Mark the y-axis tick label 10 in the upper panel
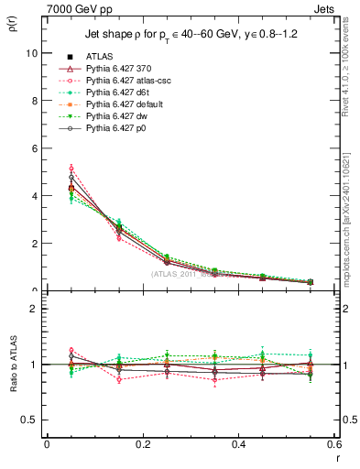(32, 53)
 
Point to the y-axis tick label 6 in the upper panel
(35, 148)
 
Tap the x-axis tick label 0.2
(142, 444)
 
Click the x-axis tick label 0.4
(238, 444)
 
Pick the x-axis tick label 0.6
(333, 444)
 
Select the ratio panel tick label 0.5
(30, 420)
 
